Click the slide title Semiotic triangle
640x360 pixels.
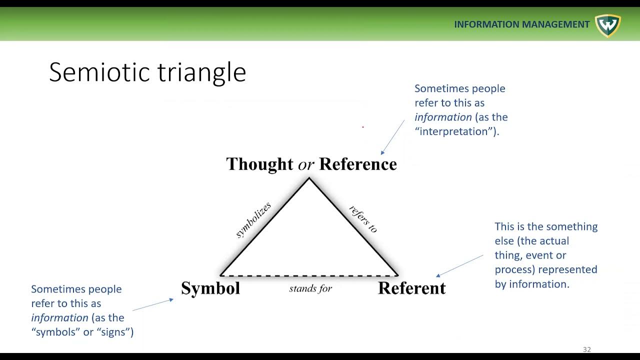[147, 72]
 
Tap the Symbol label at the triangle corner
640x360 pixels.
[210, 288]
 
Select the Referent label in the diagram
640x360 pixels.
[411, 288]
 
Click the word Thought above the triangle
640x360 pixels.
[259, 164]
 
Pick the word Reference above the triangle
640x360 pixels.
[358, 164]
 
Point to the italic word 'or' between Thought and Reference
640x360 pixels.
[306, 165]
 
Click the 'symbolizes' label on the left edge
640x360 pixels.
[253, 220]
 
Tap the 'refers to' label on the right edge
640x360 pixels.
[363, 219]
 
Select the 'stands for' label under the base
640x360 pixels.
[310, 288]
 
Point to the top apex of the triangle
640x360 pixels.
[309, 178]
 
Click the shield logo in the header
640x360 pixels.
[607, 25]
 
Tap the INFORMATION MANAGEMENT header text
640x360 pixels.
[521, 24]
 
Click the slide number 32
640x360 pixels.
[587, 349]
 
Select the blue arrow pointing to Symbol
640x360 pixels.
[152, 304]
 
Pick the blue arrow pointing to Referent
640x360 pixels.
[460, 265]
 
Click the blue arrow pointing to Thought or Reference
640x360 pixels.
[392, 137]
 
